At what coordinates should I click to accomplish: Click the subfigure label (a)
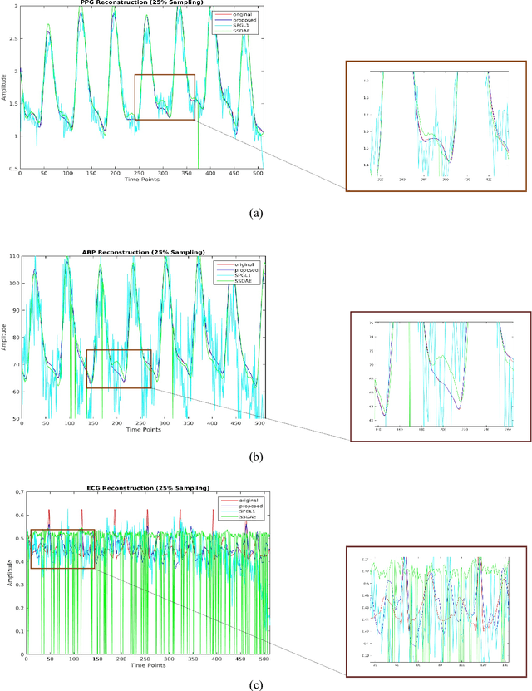tap(256, 213)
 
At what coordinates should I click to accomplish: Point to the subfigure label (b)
tap(256, 456)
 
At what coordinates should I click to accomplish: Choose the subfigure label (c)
tap(256, 684)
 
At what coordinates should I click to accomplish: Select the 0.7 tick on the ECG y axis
tap(12, 493)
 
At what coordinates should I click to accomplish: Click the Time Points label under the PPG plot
tap(142, 180)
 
